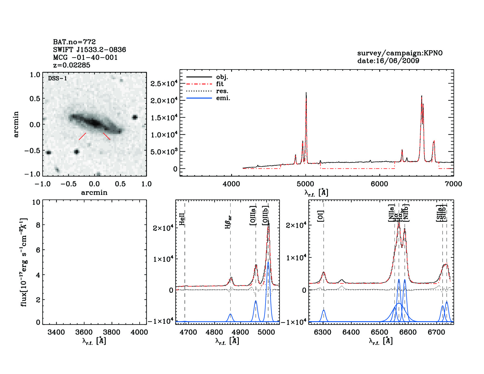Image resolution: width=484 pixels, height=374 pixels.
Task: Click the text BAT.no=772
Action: [x=74, y=42]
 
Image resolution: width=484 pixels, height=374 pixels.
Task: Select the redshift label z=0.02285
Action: [x=72, y=65]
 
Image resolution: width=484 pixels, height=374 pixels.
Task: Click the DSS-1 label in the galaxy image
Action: [x=57, y=79]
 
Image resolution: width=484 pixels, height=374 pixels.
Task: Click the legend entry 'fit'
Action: [x=220, y=84]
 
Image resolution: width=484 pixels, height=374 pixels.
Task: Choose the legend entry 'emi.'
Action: [x=223, y=98]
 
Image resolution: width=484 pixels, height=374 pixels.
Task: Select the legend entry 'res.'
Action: [x=222, y=91]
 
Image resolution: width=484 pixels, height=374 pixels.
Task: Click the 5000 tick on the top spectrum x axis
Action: [x=305, y=184]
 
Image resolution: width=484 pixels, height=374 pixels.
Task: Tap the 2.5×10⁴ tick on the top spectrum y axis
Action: [x=164, y=84]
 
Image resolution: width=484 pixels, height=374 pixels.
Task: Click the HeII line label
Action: [x=182, y=219]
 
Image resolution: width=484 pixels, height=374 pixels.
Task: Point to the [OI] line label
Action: [x=320, y=216]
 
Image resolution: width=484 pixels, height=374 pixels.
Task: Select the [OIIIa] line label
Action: [x=253, y=215]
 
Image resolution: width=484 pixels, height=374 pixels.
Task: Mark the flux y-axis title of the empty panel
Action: [x=24, y=262]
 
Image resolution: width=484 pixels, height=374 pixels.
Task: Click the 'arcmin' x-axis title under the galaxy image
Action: [x=94, y=193]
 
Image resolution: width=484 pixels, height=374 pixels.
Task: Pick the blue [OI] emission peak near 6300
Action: [x=324, y=310]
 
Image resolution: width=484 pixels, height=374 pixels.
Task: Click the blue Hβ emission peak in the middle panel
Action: [x=231, y=314]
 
